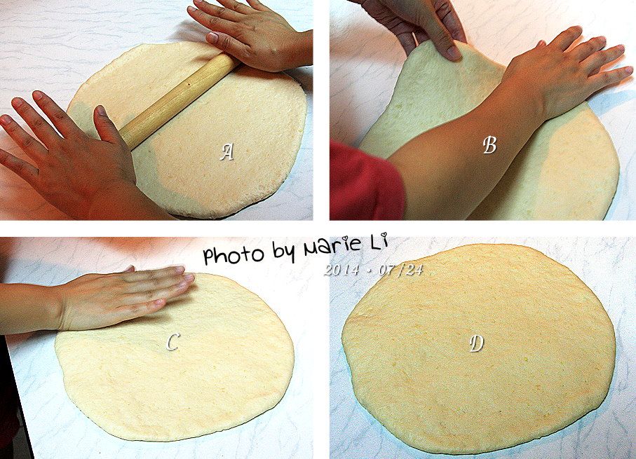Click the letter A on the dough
click(x=227, y=153)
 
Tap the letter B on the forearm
click(x=490, y=145)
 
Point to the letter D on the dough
click(x=477, y=344)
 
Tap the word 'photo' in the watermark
click(x=233, y=254)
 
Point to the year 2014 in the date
click(x=341, y=270)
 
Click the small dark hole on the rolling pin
click(x=189, y=84)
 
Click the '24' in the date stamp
click(x=414, y=270)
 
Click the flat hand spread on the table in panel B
click(x=568, y=69)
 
